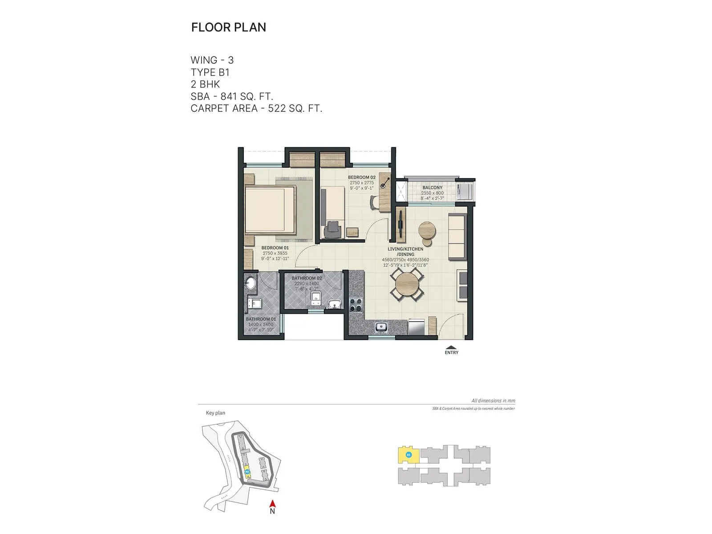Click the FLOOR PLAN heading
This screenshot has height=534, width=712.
click(228, 27)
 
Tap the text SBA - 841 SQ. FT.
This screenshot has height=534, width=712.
click(231, 96)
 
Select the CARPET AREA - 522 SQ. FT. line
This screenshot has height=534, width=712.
click(256, 108)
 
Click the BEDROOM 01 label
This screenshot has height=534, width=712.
click(275, 248)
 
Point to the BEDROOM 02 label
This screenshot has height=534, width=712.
click(361, 177)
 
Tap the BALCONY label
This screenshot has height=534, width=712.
click(432, 188)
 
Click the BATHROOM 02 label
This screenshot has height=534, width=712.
click(307, 278)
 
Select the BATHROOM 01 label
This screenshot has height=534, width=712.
click(261, 319)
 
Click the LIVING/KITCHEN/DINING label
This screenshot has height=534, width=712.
click(405, 251)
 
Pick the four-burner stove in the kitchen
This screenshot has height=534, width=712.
click(356, 305)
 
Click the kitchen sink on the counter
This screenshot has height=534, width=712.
click(381, 328)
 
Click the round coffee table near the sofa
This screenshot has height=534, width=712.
click(427, 231)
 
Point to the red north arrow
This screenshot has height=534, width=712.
click(273, 504)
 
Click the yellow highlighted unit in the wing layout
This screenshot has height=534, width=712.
click(408, 455)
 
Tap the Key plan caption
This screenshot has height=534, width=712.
click(215, 413)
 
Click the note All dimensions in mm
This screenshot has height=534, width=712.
click(493, 400)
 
